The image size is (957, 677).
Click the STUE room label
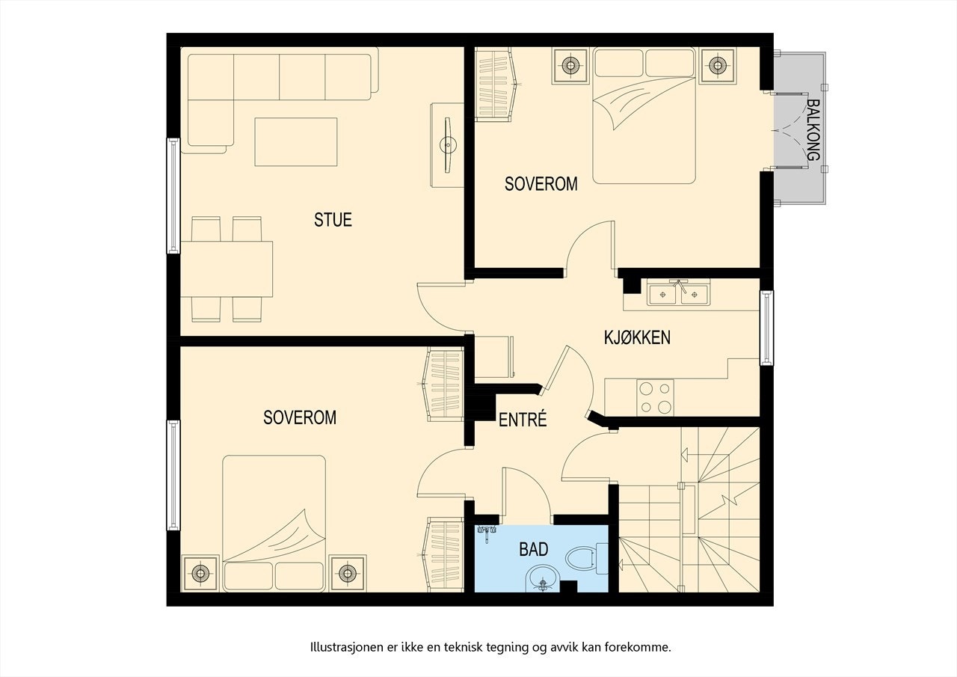click(x=333, y=220)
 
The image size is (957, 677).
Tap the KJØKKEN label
click(x=637, y=337)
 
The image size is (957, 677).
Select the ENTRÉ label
click(x=523, y=419)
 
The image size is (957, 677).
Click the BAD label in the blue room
click(x=534, y=549)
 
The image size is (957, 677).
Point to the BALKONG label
click(x=813, y=130)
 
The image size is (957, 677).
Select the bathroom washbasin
click(x=543, y=579)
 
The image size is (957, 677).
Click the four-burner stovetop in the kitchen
click(x=656, y=397)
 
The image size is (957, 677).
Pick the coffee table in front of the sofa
click(x=296, y=142)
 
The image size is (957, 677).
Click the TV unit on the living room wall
click(x=447, y=145)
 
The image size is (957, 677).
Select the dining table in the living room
click(x=227, y=269)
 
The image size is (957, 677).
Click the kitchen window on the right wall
click(x=766, y=328)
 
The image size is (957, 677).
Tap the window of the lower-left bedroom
click(x=173, y=475)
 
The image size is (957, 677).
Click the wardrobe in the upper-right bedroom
click(x=496, y=85)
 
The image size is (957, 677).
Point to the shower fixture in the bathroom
click(x=487, y=532)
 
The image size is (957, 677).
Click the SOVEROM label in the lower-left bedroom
click(x=300, y=417)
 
